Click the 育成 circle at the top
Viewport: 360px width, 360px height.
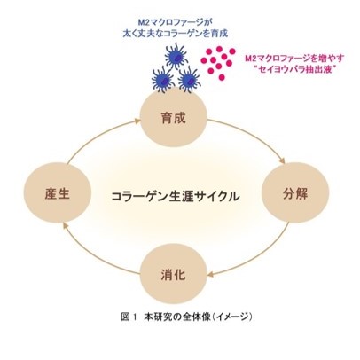173,117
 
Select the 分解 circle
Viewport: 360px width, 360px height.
295,192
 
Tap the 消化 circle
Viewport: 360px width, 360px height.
173,274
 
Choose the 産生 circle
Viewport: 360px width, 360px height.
58,192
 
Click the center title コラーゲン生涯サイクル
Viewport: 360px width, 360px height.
176,196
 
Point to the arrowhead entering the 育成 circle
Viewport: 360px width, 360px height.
137,121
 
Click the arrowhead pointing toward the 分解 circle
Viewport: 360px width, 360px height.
282,160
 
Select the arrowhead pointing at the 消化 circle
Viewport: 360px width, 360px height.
210,275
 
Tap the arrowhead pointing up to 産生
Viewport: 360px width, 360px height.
67,226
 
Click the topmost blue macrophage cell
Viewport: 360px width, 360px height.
176,56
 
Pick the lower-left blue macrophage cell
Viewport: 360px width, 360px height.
163,79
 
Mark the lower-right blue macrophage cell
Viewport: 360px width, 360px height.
189,79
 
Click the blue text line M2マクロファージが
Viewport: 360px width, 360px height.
176,22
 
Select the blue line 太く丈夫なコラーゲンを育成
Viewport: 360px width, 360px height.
176,33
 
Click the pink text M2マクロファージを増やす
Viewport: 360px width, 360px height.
294,59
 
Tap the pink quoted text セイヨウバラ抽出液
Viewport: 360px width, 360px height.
295,70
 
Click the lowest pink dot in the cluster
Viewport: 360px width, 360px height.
222,77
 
